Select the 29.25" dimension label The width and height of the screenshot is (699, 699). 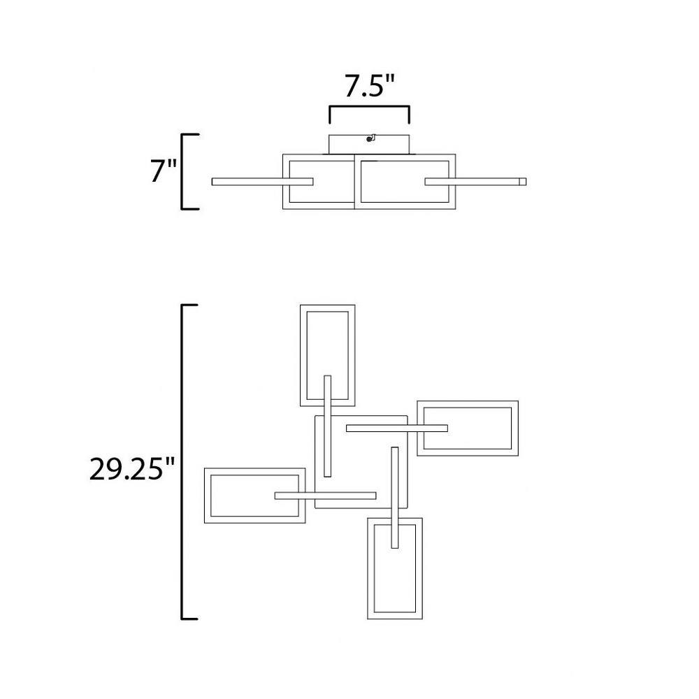(x=132, y=469)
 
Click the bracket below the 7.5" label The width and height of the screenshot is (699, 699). (x=369, y=107)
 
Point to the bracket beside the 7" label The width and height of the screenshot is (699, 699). (x=182, y=171)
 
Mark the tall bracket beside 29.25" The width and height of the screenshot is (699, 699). (x=182, y=462)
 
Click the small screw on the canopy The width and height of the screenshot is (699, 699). (x=370, y=138)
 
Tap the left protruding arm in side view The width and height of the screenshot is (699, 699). (x=262, y=182)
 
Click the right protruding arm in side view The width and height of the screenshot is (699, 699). (x=475, y=182)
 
